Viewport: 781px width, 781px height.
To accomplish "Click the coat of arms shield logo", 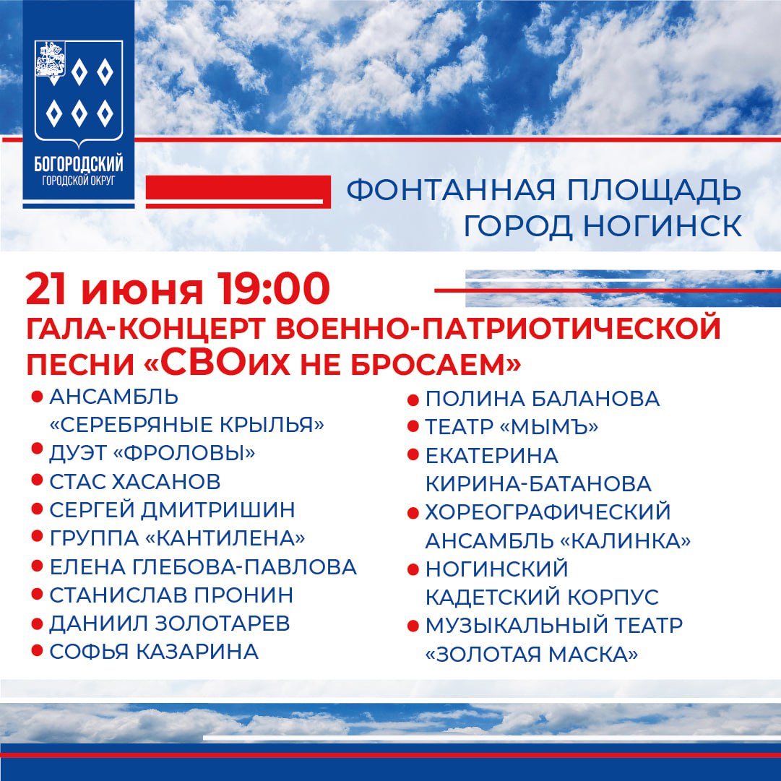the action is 79,93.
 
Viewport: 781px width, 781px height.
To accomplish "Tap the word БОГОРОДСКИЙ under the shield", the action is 79,164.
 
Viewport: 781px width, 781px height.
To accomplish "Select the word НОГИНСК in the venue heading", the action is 663,225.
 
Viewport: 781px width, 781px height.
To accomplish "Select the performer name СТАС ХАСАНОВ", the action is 135,482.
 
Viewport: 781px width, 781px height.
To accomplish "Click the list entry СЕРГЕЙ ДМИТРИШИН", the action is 173,510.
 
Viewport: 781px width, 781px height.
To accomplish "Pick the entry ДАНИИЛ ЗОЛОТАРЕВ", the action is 170,623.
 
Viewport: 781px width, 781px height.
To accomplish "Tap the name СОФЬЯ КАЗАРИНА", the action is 154,652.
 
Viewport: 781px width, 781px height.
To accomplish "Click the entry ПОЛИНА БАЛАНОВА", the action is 543,399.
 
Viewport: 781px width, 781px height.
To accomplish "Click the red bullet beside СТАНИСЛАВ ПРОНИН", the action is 37,594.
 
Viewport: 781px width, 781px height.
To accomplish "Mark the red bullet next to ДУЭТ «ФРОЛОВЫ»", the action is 37,448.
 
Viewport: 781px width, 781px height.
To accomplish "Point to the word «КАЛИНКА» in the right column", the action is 626,541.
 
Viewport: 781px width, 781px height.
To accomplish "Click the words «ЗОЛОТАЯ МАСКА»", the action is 532,655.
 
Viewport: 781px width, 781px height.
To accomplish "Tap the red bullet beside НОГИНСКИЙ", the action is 413,570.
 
